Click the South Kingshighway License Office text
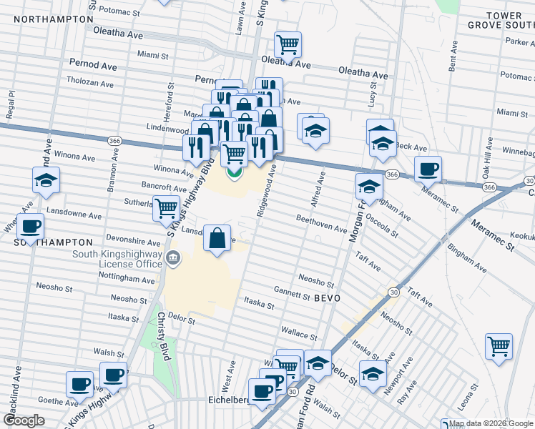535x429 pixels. pyautogui.click(x=119, y=259)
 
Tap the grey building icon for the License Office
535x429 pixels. pyautogui.click(x=172, y=257)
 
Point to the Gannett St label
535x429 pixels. pyautogui.click(x=291, y=292)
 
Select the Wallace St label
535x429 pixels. pyautogui.click(x=298, y=332)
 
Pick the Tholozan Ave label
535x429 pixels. pyautogui.click(x=90, y=84)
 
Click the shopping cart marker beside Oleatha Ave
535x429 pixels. pyautogui.click(x=288, y=44)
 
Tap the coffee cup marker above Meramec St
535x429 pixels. pyautogui.click(x=428, y=169)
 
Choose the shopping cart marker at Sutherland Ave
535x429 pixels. pyautogui.click(x=167, y=208)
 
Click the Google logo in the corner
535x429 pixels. pyautogui.click(x=24, y=420)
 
